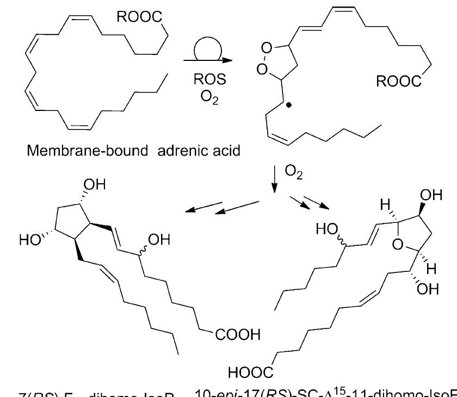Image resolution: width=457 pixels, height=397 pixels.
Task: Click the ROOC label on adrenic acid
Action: click(x=139, y=17)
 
